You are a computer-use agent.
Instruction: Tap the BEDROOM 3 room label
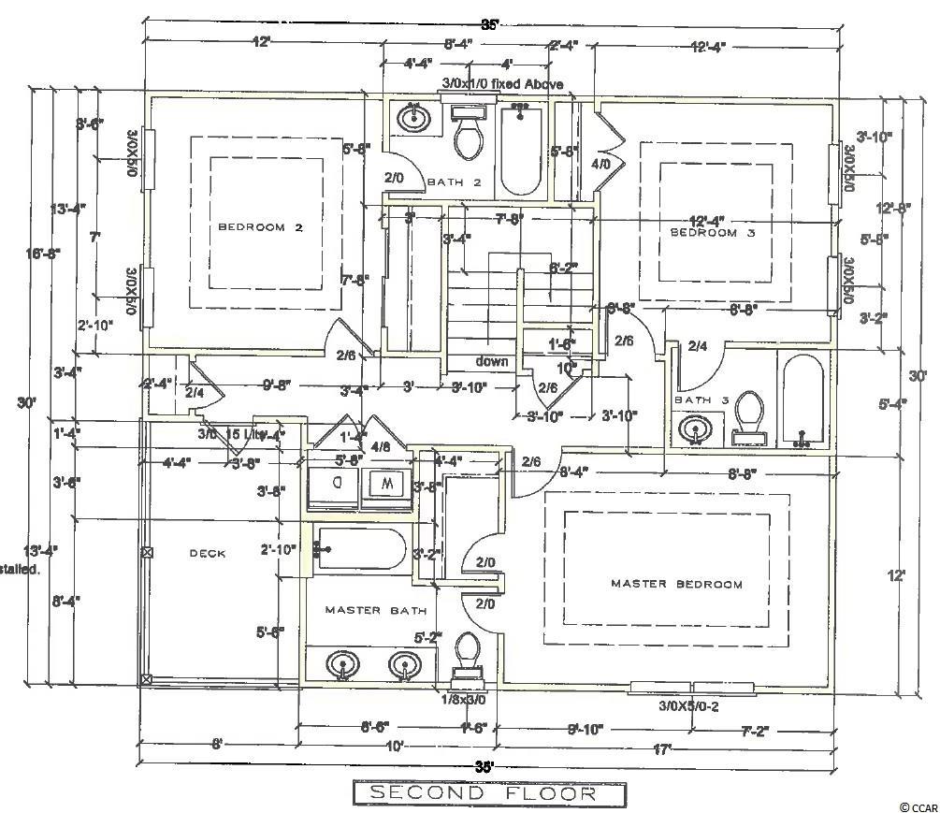coord(712,233)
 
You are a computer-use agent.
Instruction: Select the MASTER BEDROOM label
coord(676,584)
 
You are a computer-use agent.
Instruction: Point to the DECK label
coord(208,553)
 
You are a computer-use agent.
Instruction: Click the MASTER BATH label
coord(376,610)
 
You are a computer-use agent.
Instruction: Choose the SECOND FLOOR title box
coord(488,793)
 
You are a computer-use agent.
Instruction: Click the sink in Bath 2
coord(412,120)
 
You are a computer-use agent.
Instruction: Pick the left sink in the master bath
coord(343,665)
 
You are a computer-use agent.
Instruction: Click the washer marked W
coord(386,484)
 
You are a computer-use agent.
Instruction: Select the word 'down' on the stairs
coord(492,361)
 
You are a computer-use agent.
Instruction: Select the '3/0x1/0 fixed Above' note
coord(503,85)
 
